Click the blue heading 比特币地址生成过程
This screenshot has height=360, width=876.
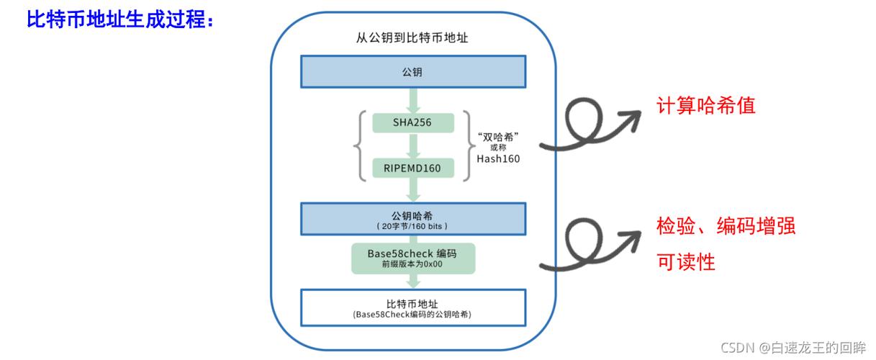pos(119,20)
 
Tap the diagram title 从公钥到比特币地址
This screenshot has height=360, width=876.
pos(413,37)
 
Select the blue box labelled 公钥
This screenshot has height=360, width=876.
pos(413,73)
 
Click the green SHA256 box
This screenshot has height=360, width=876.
pos(413,122)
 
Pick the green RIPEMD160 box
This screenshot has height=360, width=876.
pos(413,168)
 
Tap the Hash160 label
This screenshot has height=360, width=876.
pos(498,158)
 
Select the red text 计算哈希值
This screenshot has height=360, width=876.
pos(705,107)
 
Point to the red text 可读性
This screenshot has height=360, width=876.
pos(686,262)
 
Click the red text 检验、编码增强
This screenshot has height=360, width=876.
pos(726,227)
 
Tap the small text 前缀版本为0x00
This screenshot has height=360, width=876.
pos(413,264)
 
